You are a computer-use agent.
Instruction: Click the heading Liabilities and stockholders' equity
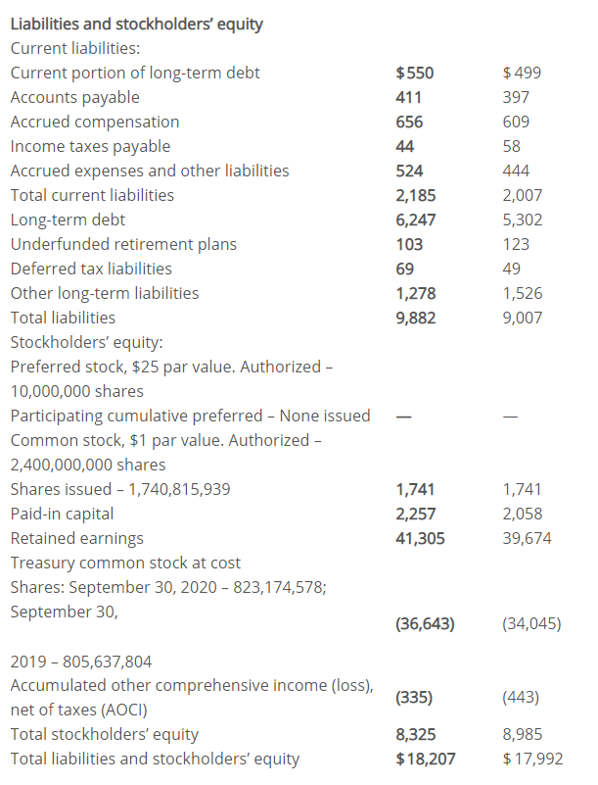click(136, 25)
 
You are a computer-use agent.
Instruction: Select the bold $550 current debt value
click(415, 74)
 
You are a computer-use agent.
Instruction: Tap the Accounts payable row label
click(75, 97)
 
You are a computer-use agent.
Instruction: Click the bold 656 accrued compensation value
click(409, 122)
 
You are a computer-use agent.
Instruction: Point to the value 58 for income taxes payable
click(512, 146)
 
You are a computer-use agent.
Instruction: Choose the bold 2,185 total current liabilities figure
click(416, 195)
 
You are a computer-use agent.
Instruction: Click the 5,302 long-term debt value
click(522, 220)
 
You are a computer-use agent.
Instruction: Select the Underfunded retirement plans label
click(123, 244)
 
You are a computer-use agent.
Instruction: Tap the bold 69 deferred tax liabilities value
click(404, 269)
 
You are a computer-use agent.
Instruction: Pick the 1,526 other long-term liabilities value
click(522, 293)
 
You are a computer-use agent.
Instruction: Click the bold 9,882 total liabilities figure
click(416, 318)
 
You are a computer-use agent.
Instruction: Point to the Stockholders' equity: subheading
click(86, 342)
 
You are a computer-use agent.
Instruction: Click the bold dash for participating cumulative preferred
click(404, 417)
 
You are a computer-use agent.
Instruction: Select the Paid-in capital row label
click(62, 515)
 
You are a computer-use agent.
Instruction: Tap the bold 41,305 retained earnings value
click(420, 539)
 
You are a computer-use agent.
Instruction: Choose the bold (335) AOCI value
click(414, 698)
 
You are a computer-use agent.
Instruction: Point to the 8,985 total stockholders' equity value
click(522, 734)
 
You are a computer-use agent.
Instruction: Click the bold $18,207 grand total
click(426, 759)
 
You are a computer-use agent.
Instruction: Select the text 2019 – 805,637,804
click(81, 662)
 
